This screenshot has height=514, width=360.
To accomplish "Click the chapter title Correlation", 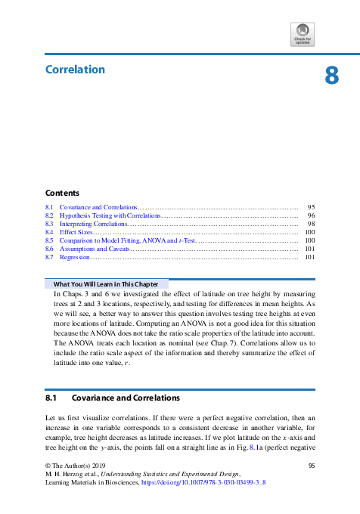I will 75,70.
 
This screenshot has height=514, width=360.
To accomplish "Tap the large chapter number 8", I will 331,76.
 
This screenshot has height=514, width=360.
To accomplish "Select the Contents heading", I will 62,193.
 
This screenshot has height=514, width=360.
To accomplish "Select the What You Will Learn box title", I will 105,284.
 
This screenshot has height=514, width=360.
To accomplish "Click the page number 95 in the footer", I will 311,466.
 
